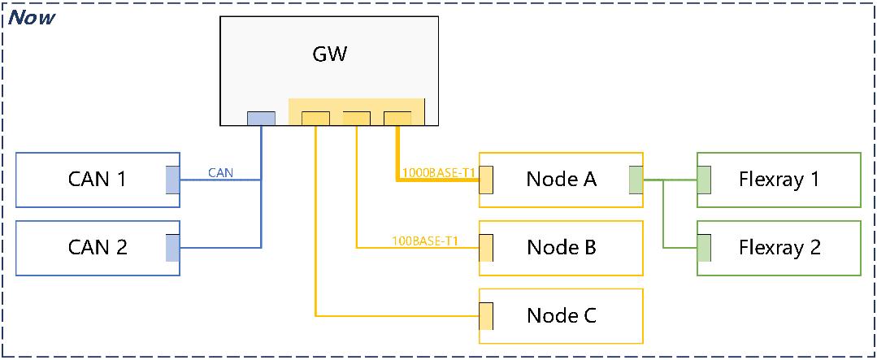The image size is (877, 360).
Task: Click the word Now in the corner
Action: [32, 16]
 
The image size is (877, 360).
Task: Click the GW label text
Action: [329, 54]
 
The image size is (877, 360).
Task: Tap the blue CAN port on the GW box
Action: [261, 119]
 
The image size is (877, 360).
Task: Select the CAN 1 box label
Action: [97, 179]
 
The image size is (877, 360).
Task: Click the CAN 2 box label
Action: [97, 247]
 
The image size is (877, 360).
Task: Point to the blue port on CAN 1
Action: [172, 180]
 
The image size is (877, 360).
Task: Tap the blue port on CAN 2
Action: [172, 248]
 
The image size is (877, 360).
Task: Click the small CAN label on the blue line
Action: [221, 172]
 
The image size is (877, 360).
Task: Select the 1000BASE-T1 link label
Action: [438, 172]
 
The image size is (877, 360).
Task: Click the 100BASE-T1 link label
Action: [425, 241]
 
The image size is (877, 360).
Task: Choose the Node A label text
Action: [561, 179]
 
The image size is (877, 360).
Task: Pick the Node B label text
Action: [561, 247]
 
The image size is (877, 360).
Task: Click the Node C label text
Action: [561, 315]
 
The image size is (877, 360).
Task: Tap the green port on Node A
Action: [635, 180]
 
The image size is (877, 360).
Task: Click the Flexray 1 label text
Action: [779, 179]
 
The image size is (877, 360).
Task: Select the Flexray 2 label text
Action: [779, 247]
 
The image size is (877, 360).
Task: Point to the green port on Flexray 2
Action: [704, 248]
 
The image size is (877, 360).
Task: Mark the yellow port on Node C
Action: [487, 316]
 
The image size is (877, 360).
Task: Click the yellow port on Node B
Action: [487, 248]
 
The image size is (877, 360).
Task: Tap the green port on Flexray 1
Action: [704, 180]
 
